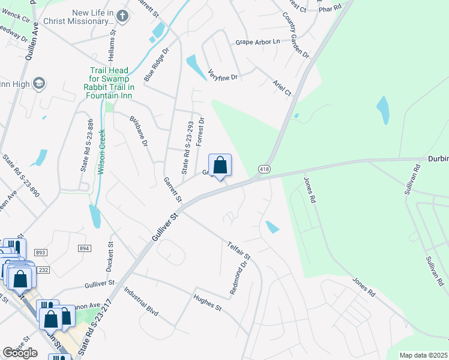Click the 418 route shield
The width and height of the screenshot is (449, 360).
point(264,170)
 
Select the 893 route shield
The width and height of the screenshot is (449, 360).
point(41,253)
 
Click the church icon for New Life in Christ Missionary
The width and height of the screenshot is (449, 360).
point(123,16)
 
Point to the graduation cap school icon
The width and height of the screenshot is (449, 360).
point(40,83)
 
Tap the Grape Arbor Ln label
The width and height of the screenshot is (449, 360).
point(258,42)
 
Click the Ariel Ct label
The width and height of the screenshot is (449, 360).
point(282,88)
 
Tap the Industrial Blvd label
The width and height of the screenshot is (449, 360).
point(141,301)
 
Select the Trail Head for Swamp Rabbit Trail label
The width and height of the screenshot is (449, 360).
point(109,82)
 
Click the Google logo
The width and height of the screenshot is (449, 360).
point(20,353)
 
